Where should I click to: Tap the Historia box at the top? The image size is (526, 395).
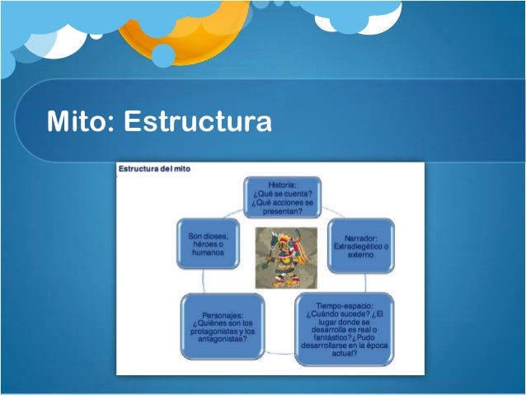(x=283, y=197)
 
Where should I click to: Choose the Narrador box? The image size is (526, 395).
(x=360, y=245)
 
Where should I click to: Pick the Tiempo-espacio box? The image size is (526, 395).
(x=345, y=329)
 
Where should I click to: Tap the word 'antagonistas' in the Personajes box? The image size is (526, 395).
(x=223, y=340)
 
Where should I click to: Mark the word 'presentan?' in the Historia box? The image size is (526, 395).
(x=283, y=211)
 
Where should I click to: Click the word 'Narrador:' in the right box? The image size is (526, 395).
(x=360, y=237)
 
